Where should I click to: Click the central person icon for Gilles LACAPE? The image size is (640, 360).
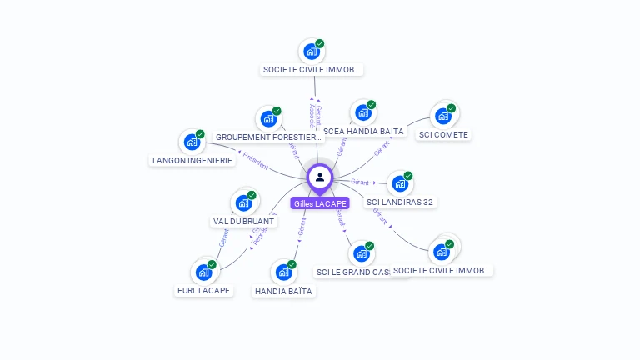pyautogui.click(x=320, y=177)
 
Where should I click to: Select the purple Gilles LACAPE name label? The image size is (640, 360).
pyautogui.click(x=320, y=203)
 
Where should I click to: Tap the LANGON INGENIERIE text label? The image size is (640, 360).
pyautogui.click(x=192, y=160)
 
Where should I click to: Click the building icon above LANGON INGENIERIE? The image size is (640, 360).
pyautogui.click(x=192, y=142)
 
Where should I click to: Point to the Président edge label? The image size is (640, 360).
pyautogui.click(x=255, y=161)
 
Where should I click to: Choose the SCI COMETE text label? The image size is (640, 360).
pyautogui.click(x=443, y=134)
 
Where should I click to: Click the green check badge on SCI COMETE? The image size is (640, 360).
pyautogui.click(x=451, y=108)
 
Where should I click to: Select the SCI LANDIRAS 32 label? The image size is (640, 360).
pyautogui.click(x=400, y=202)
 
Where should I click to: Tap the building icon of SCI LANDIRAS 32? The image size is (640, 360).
pyautogui.click(x=400, y=183)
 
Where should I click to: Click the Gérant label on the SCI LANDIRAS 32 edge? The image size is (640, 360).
pyautogui.click(x=360, y=181)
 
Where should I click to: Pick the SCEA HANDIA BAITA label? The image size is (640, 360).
pyautogui.click(x=363, y=132)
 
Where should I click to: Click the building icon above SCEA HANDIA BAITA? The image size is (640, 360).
pyautogui.click(x=362, y=113)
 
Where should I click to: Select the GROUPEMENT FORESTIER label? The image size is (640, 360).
pyautogui.click(x=268, y=137)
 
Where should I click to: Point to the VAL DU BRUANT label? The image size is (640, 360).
pyautogui.click(x=243, y=222)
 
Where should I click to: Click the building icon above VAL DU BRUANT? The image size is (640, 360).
pyautogui.click(x=243, y=202)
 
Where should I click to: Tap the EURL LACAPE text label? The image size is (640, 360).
pyautogui.click(x=203, y=291)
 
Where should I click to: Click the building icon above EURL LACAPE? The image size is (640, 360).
pyautogui.click(x=203, y=272)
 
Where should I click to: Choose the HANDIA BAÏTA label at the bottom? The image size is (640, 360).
pyautogui.click(x=283, y=291)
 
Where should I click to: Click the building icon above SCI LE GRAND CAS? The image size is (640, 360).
pyautogui.click(x=361, y=253)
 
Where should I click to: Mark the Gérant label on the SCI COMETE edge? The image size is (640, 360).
pyautogui.click(x=382, y=148)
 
